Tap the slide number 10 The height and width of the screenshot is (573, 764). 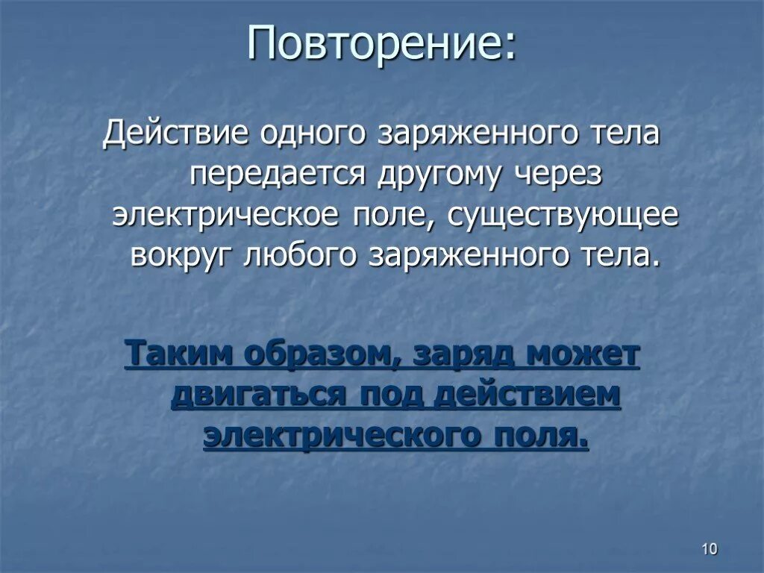pyautogui.click(x=709, y=549)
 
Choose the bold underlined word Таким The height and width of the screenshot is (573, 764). pyautogui.click(x=178, y=354)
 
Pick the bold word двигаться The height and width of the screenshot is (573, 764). pyautogui.click(x=257, y=395)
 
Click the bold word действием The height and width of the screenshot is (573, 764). pyautogui.click(x=527, y=395)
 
